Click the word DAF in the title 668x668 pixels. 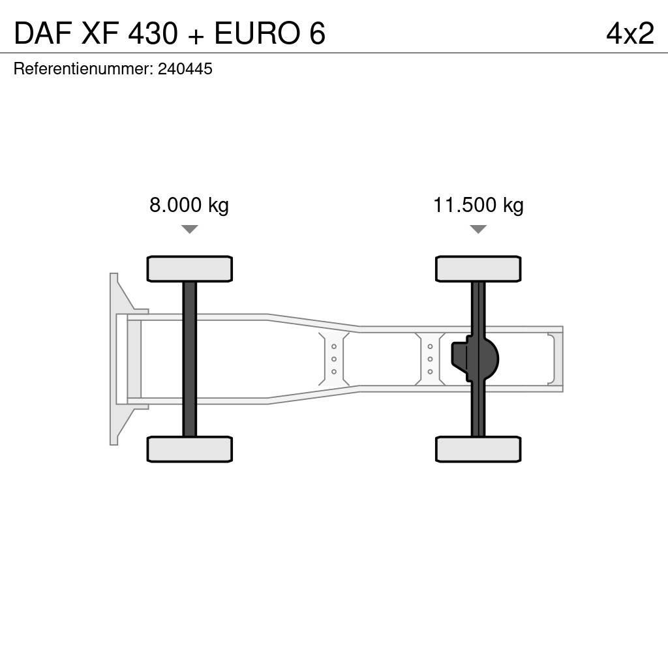pos(41,34)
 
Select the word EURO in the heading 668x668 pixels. pos(253,34)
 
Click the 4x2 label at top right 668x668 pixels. pos(630,34)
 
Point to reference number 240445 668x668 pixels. pos(185,69)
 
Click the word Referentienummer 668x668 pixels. pos(83,69)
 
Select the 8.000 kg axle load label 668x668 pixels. pos(189,205)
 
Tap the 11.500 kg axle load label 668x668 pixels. pos(478,205)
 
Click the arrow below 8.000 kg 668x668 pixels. pos(190,229)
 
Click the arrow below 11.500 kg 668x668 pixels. pos(478,229)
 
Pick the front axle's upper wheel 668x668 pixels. pos(190,269)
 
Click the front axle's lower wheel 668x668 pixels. pos(190,449)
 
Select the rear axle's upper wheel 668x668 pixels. pos(478,269)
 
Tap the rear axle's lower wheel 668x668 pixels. pos(478,449)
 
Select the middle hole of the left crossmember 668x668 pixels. pos(334,359)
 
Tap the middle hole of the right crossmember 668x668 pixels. pos(431,359)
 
